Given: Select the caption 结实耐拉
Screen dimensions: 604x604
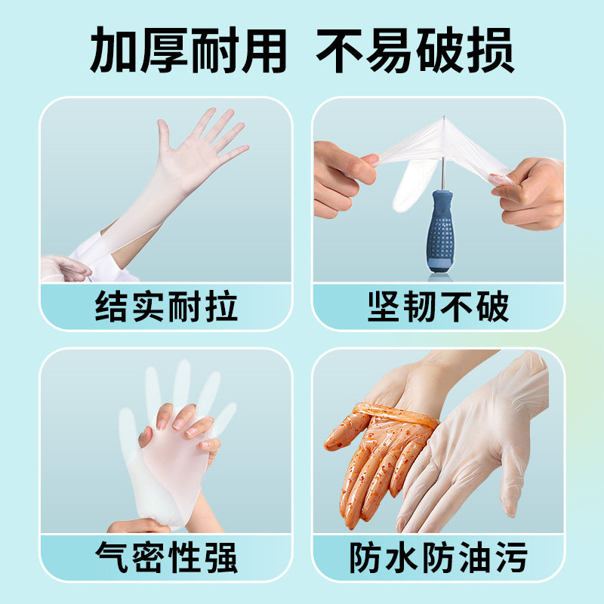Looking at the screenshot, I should (166, 307).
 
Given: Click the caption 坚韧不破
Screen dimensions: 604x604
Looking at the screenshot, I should (438, 307).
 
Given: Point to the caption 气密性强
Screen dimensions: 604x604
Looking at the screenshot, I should (166, 558).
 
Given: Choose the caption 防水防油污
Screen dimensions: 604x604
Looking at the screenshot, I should (438, 558).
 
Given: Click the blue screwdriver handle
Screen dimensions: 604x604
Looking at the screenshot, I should (439, 230).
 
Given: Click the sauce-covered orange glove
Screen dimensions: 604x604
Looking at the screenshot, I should (374, 453).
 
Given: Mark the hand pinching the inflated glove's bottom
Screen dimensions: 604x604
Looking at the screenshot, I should (140, 525).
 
